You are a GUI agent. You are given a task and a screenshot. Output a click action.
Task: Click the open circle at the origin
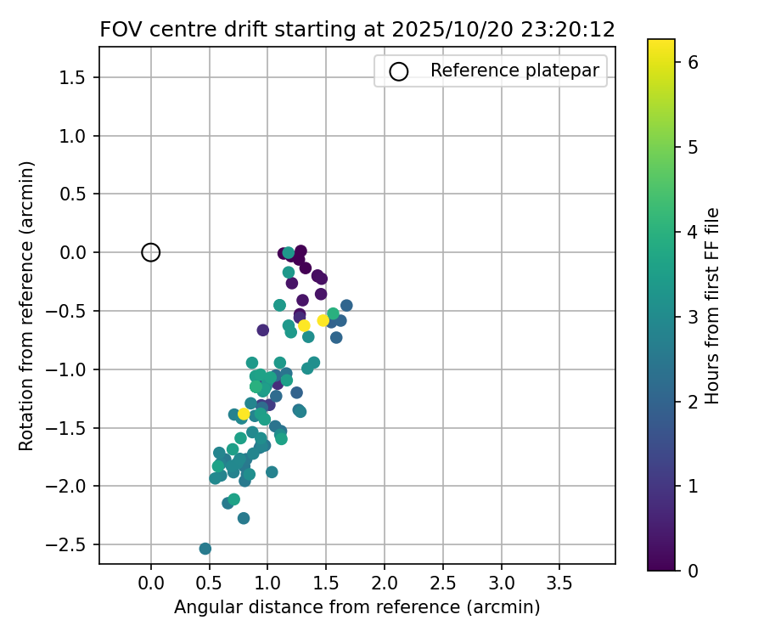151,252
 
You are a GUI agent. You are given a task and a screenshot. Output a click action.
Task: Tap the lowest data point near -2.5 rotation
205,549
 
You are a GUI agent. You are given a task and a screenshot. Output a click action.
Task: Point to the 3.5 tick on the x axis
559,584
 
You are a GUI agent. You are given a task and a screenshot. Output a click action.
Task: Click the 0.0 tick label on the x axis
151,584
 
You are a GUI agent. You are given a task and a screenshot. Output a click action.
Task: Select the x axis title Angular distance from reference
357,608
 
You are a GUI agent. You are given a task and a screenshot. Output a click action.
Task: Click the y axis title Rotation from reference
26,306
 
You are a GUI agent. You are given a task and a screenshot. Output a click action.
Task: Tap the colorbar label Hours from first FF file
712,306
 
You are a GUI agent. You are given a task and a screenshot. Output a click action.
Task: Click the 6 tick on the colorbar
694,61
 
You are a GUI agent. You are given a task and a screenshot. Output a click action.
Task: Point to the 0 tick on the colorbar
694,570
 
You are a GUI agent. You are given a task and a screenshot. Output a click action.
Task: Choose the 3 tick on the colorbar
694,316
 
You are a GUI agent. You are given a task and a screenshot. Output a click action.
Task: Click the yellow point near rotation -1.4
244,414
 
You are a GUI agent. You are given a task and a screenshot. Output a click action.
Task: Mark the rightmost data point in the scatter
346,306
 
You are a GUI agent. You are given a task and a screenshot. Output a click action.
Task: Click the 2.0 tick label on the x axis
385,584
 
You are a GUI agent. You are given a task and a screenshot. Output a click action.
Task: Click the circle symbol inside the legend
399,71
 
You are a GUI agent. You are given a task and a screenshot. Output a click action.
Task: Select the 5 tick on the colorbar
694,146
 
